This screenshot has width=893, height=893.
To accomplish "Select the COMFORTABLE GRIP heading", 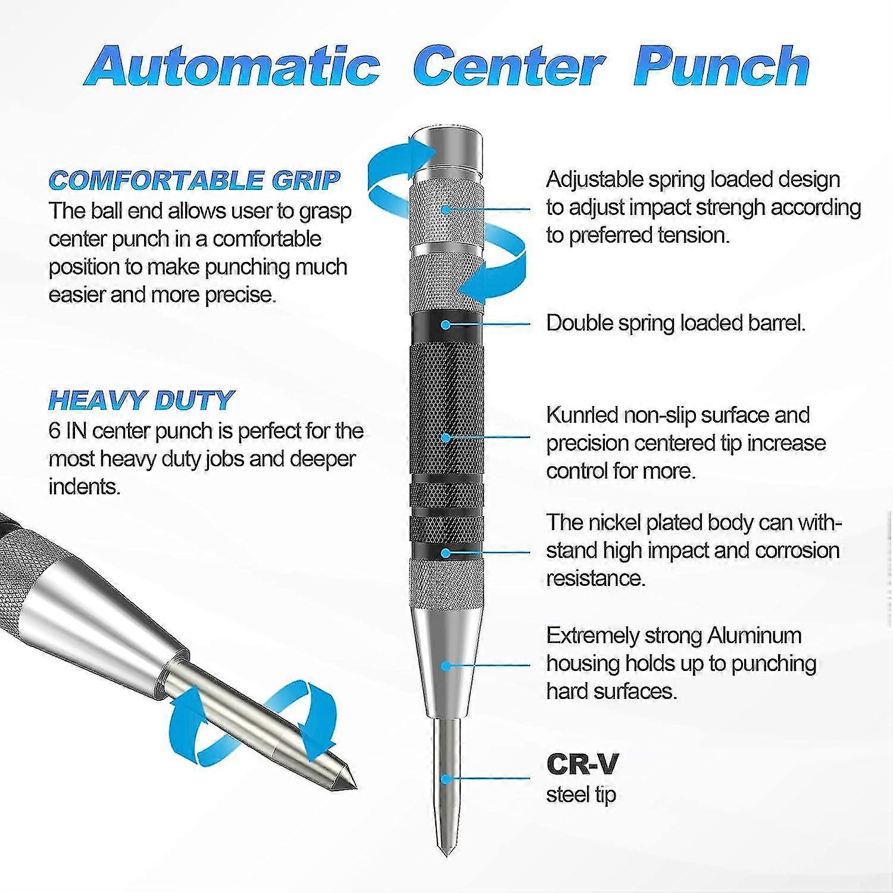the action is [195, 180].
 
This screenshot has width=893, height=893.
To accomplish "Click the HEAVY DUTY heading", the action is [142, 400].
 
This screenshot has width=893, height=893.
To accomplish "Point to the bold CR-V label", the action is [582, 764].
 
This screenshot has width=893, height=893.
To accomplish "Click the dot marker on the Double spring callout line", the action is [446, 324].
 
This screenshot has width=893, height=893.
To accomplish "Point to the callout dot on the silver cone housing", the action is [446, 666].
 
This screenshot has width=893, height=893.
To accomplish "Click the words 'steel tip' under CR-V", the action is [581, 795].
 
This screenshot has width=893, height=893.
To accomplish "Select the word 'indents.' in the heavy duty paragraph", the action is [85, 486].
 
